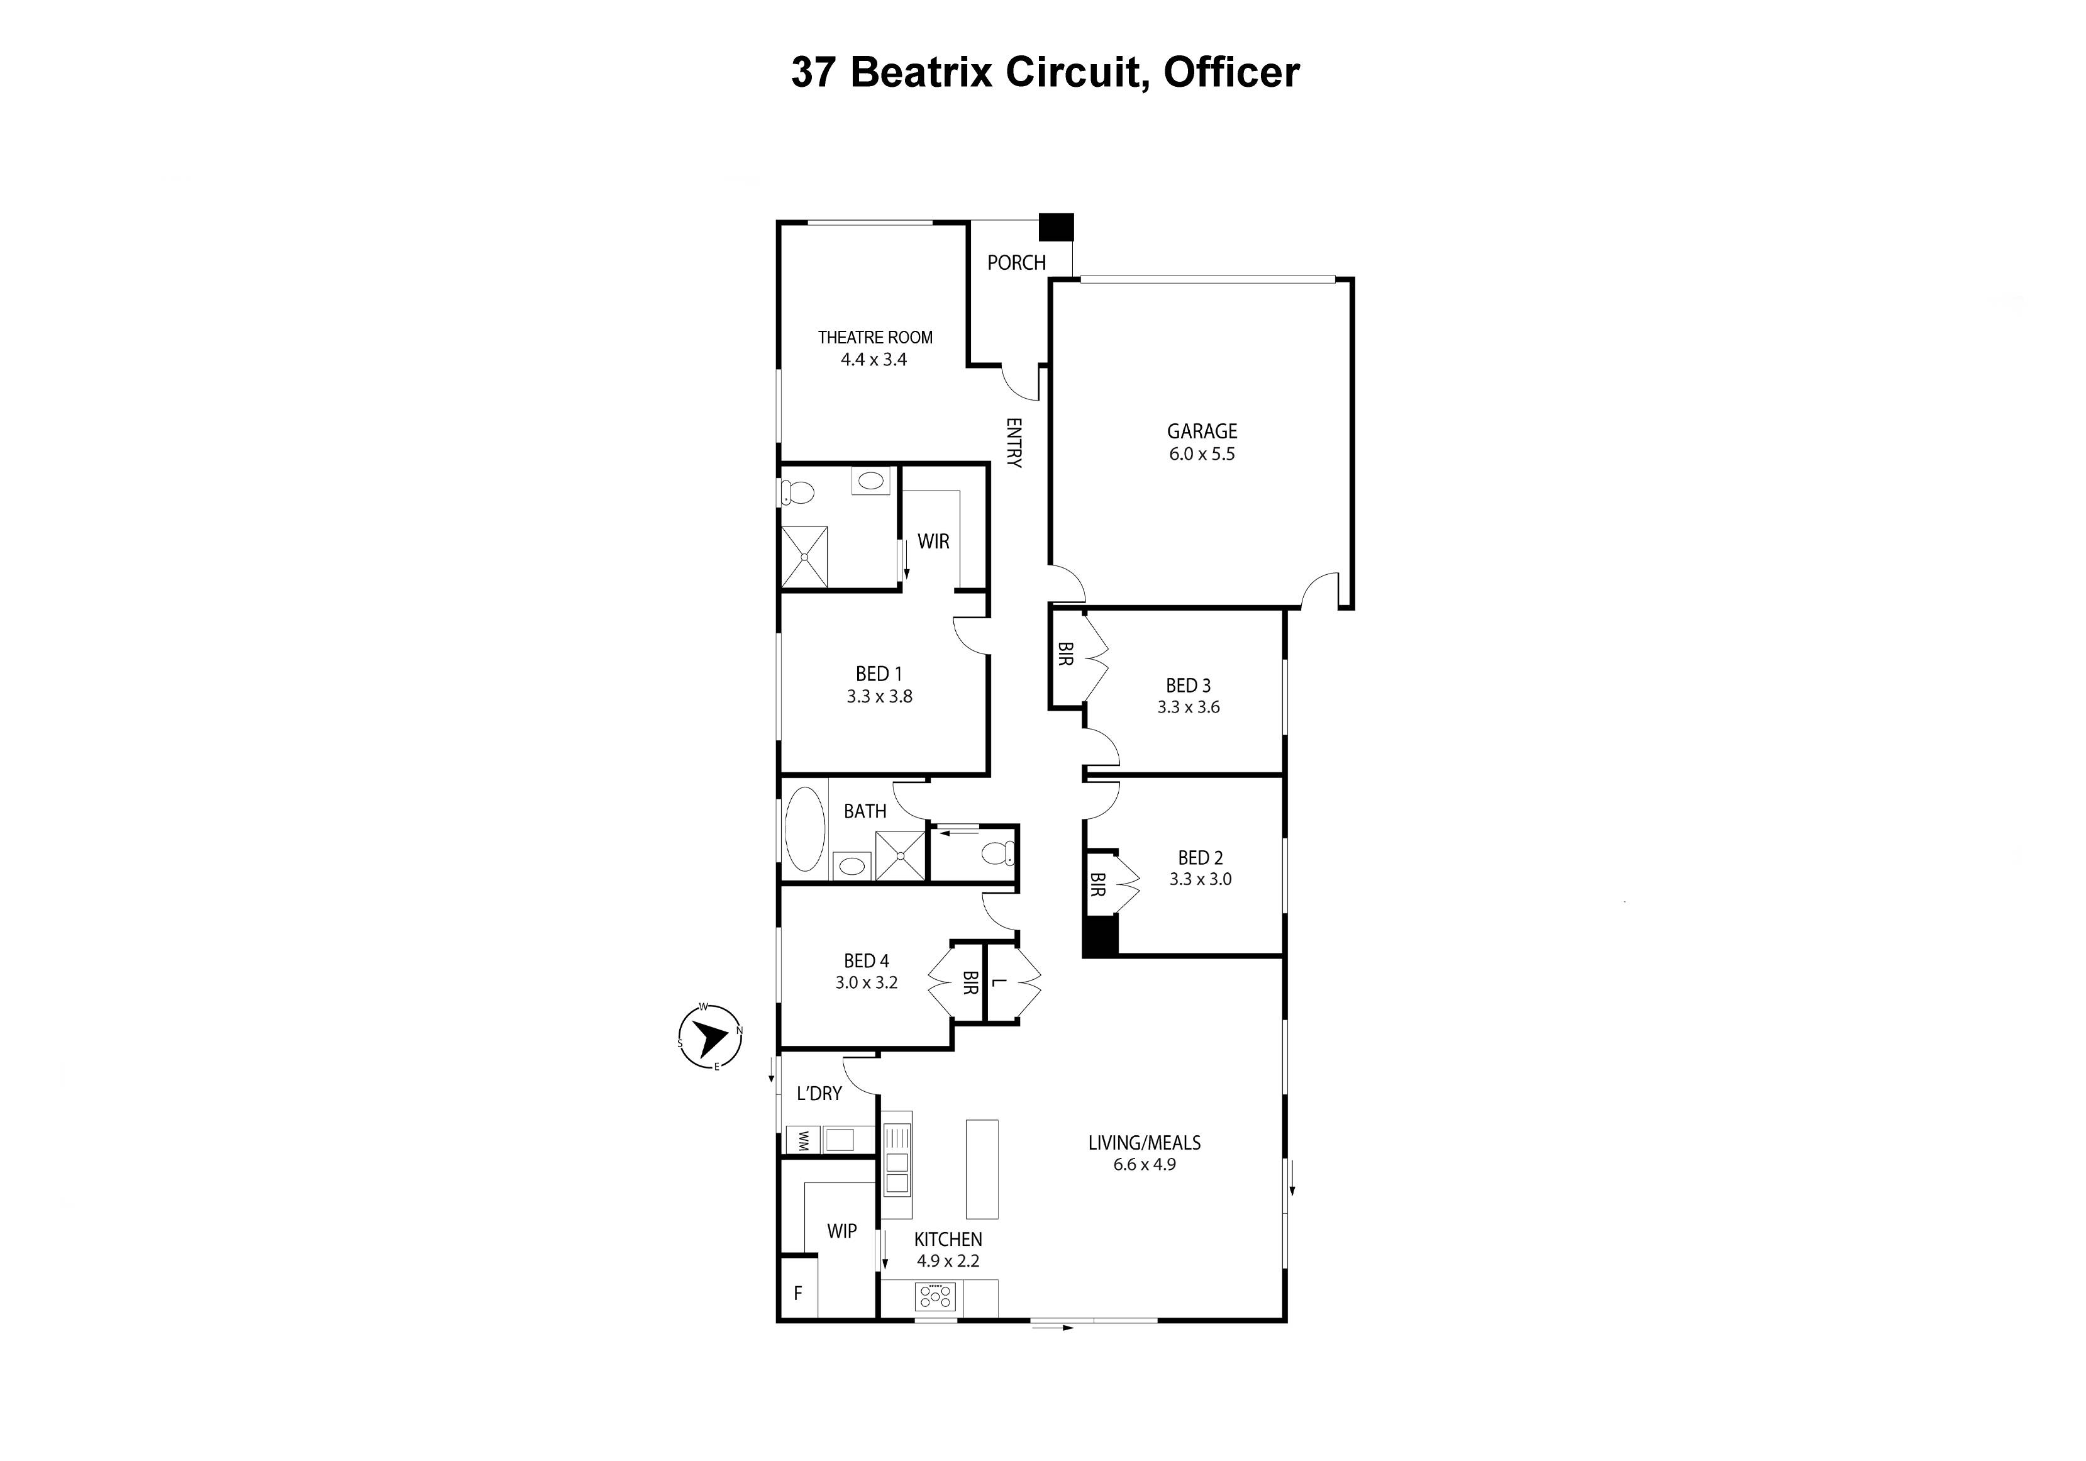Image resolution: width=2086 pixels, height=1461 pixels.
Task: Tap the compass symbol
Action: coord(711,1036)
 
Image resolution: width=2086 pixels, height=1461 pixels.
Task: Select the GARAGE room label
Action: coord(1201,431)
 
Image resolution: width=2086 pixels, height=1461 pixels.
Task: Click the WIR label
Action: coord(933,542)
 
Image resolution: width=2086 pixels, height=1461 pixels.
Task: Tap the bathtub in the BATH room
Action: coord(805,830)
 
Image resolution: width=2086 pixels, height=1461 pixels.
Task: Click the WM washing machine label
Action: coord(803,1141)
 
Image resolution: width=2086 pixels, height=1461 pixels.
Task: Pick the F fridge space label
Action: coord(797,1293)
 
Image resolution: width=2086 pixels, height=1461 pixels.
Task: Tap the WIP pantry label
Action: coord(841,1232)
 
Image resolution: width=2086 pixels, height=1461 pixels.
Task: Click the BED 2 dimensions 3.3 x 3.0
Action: coord(1200,879)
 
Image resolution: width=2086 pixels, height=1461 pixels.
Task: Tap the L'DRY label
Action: coord(819,1094)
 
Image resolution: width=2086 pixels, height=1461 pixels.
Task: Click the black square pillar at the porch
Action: coord(1056,226)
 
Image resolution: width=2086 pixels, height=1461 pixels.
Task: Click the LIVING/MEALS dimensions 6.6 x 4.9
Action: coord(1144,1165)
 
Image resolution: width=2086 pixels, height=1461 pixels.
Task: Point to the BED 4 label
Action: coord(866,961)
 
